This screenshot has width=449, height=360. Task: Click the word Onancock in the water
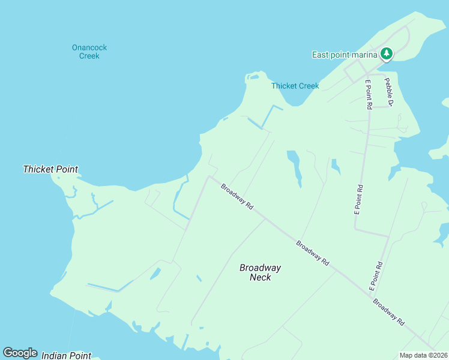[89, 47]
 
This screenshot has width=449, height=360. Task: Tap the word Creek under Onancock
[89, 56]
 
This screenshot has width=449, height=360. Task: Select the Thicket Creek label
[295, 86]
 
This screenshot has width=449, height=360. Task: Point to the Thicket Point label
[50, 169]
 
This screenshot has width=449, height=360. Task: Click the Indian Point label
[66, 356]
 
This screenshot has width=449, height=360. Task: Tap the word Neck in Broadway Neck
[260, 277]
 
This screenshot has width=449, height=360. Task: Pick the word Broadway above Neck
[260, 268]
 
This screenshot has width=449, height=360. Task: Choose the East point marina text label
[345, 55]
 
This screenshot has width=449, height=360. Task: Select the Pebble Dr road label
[389, 92]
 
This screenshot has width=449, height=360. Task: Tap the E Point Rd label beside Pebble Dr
[368, 94]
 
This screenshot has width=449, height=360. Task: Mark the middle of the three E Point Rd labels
[358, 199]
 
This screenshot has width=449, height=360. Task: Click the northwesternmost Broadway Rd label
[237, 196]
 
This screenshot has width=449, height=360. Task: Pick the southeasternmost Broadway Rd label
[388, 312]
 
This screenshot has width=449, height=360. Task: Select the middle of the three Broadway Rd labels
[313, 253]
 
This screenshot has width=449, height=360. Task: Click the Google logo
[20, 353]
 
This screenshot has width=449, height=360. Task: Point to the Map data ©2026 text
[423, 355]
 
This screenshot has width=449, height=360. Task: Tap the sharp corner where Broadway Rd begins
[208, 176]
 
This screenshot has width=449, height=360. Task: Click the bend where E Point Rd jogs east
[355, 228]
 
